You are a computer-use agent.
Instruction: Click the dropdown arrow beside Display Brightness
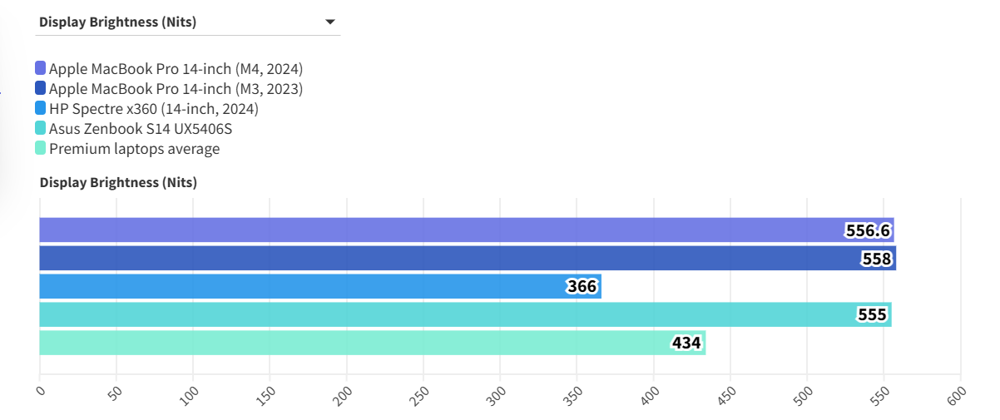pos(329,22)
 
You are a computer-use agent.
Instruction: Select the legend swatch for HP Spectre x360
pos(41,108)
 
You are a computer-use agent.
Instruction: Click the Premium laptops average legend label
pos(134,149)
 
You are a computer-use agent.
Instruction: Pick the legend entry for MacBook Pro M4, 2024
pos(176,68)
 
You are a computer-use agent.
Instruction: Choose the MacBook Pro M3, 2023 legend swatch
pos(41,88)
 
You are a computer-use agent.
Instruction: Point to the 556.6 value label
pos(869,230)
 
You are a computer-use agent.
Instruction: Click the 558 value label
pos(877,259)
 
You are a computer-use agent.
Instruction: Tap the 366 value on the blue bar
pos(582,287)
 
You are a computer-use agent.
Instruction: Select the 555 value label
pos(872,315)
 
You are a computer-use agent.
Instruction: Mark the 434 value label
pos(686,343)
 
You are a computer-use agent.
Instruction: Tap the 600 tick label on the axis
pos(958,394)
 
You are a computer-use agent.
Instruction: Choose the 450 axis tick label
pos(727,394)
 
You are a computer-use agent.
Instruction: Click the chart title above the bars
pos(118,182)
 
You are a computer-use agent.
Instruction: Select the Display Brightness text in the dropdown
pos(117,22)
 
